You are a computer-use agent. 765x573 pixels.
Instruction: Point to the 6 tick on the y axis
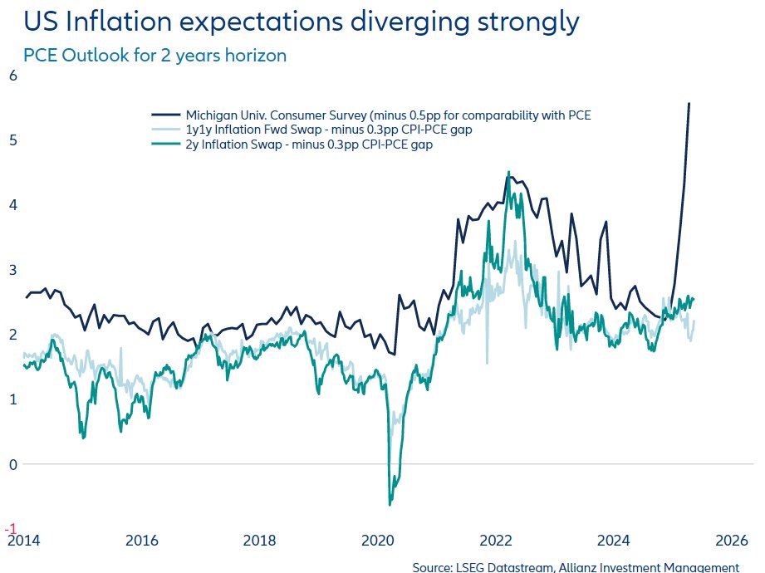click(x=12, y=75)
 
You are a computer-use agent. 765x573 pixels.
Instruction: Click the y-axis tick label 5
click(x=12, y=140)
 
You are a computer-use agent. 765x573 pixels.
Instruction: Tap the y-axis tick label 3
click(x=12, y=269)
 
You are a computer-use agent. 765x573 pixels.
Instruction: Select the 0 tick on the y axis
click(x=12, y=464)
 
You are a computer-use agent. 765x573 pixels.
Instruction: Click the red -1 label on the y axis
click(x=10, y=528)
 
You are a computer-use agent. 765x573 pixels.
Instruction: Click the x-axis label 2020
click(x=379, y=540)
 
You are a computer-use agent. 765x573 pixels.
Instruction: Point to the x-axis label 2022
click(x=498, y=540)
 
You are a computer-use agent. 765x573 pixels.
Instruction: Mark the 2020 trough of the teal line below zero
click(x=390, y=504)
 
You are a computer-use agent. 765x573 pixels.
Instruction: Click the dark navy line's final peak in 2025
click(x=689, y=103)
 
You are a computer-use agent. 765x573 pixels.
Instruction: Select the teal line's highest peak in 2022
click(x=508, y=172)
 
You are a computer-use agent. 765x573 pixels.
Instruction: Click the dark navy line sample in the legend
click(x=165, y=115)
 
